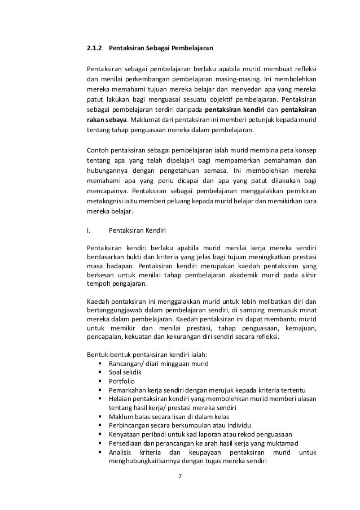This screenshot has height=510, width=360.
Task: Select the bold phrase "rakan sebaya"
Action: coord(106,120)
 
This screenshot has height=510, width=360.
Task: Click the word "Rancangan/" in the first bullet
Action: coord(125,363)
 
